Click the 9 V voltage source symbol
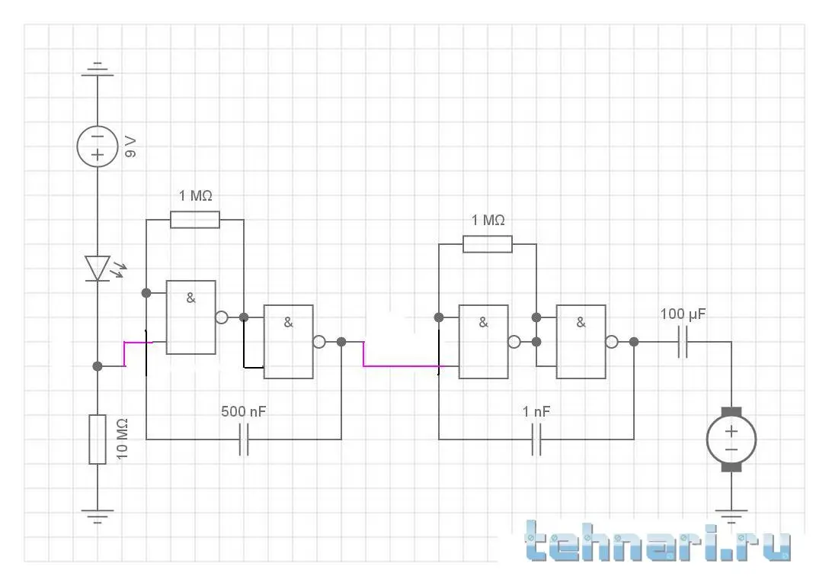pyautogui.click(x=98, y=145)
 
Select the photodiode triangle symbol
pyautogui.click(x=98, y=268)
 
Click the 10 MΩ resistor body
pyautogui.click(x=98, y=439)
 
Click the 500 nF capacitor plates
pyautogui.click(x=244, y=439)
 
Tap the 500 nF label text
pyautogui.click(x=244, y=412)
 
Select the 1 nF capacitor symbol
pyautogui.click(x=536, y=439)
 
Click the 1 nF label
pyautogui.click(x=536, y=412)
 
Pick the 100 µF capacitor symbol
pyautogui.click(x=683, y=342)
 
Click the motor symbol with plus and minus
pyautogui.click(x=731, y=439)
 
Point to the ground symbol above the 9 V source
pyautogui.click(x=98, y=70)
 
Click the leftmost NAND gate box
pyautogui.click(x=190, y=317)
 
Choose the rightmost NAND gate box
pyautogui.click(x=581, y=342)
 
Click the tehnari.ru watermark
pyautogui.click(x=660, y=544)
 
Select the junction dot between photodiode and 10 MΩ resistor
pyautogui.click(x=98, y=366)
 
